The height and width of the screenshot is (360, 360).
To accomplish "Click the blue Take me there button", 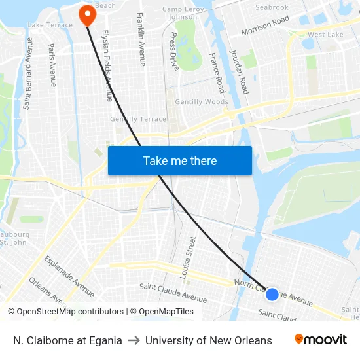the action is click(179, 160).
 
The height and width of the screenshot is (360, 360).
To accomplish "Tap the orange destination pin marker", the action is click(86, 14).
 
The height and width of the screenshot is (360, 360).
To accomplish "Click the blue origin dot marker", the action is click(272, 295).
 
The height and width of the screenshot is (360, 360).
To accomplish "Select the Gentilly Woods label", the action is click(202, 102).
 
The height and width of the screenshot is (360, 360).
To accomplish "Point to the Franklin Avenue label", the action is click(141, 39).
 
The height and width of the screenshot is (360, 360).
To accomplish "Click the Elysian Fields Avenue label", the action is click(107, 65).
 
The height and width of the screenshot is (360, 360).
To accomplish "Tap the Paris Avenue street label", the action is click(52, 65).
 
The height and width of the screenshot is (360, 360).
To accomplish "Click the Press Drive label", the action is click(173, 51).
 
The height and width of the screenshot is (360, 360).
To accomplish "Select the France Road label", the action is click(216, 72).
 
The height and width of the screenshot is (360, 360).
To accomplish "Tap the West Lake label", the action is click(325, 35).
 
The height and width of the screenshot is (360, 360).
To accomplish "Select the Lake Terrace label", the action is click(50, 25).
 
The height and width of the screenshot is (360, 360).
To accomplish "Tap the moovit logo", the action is click(321, 340).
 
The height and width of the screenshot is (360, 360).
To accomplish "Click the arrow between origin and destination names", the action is click(134, 340).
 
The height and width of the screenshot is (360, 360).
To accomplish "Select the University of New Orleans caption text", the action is click(209, 340).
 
